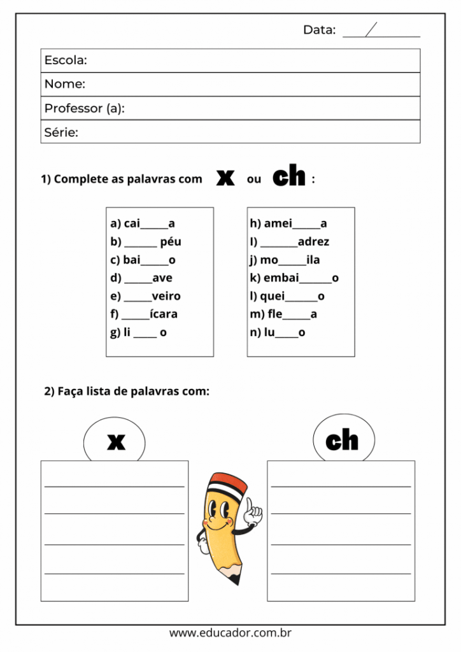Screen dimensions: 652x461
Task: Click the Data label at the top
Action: coord(319,30)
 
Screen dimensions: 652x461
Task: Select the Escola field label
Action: coord(66,60)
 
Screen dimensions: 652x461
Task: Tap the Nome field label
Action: coord(64,84)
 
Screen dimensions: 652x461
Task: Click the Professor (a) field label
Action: coord(84,108)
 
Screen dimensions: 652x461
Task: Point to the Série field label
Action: coord(61,132)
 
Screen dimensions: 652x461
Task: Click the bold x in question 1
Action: coord(225,178)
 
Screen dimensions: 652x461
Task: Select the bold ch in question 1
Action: coord(288,177)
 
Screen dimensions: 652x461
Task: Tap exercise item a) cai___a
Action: coord(143,223)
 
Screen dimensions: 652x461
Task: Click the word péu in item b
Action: coord(171,242)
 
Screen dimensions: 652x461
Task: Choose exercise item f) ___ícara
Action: coord(144,314)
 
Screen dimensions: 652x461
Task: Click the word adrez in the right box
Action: coord(313,242)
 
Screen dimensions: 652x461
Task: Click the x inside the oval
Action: coord(116,441)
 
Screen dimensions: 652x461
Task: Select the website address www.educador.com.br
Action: coord(230,634)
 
